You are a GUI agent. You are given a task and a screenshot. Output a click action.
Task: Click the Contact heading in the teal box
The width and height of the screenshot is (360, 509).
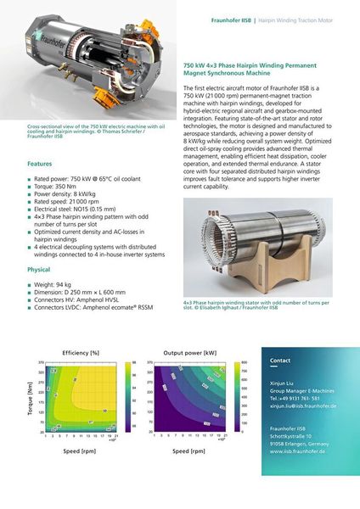pos(279,361)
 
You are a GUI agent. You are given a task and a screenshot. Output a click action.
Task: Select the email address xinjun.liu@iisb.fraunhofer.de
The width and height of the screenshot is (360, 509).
pos(303,406)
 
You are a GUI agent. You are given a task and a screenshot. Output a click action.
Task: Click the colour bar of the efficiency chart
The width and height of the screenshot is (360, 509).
pos(124,396)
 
